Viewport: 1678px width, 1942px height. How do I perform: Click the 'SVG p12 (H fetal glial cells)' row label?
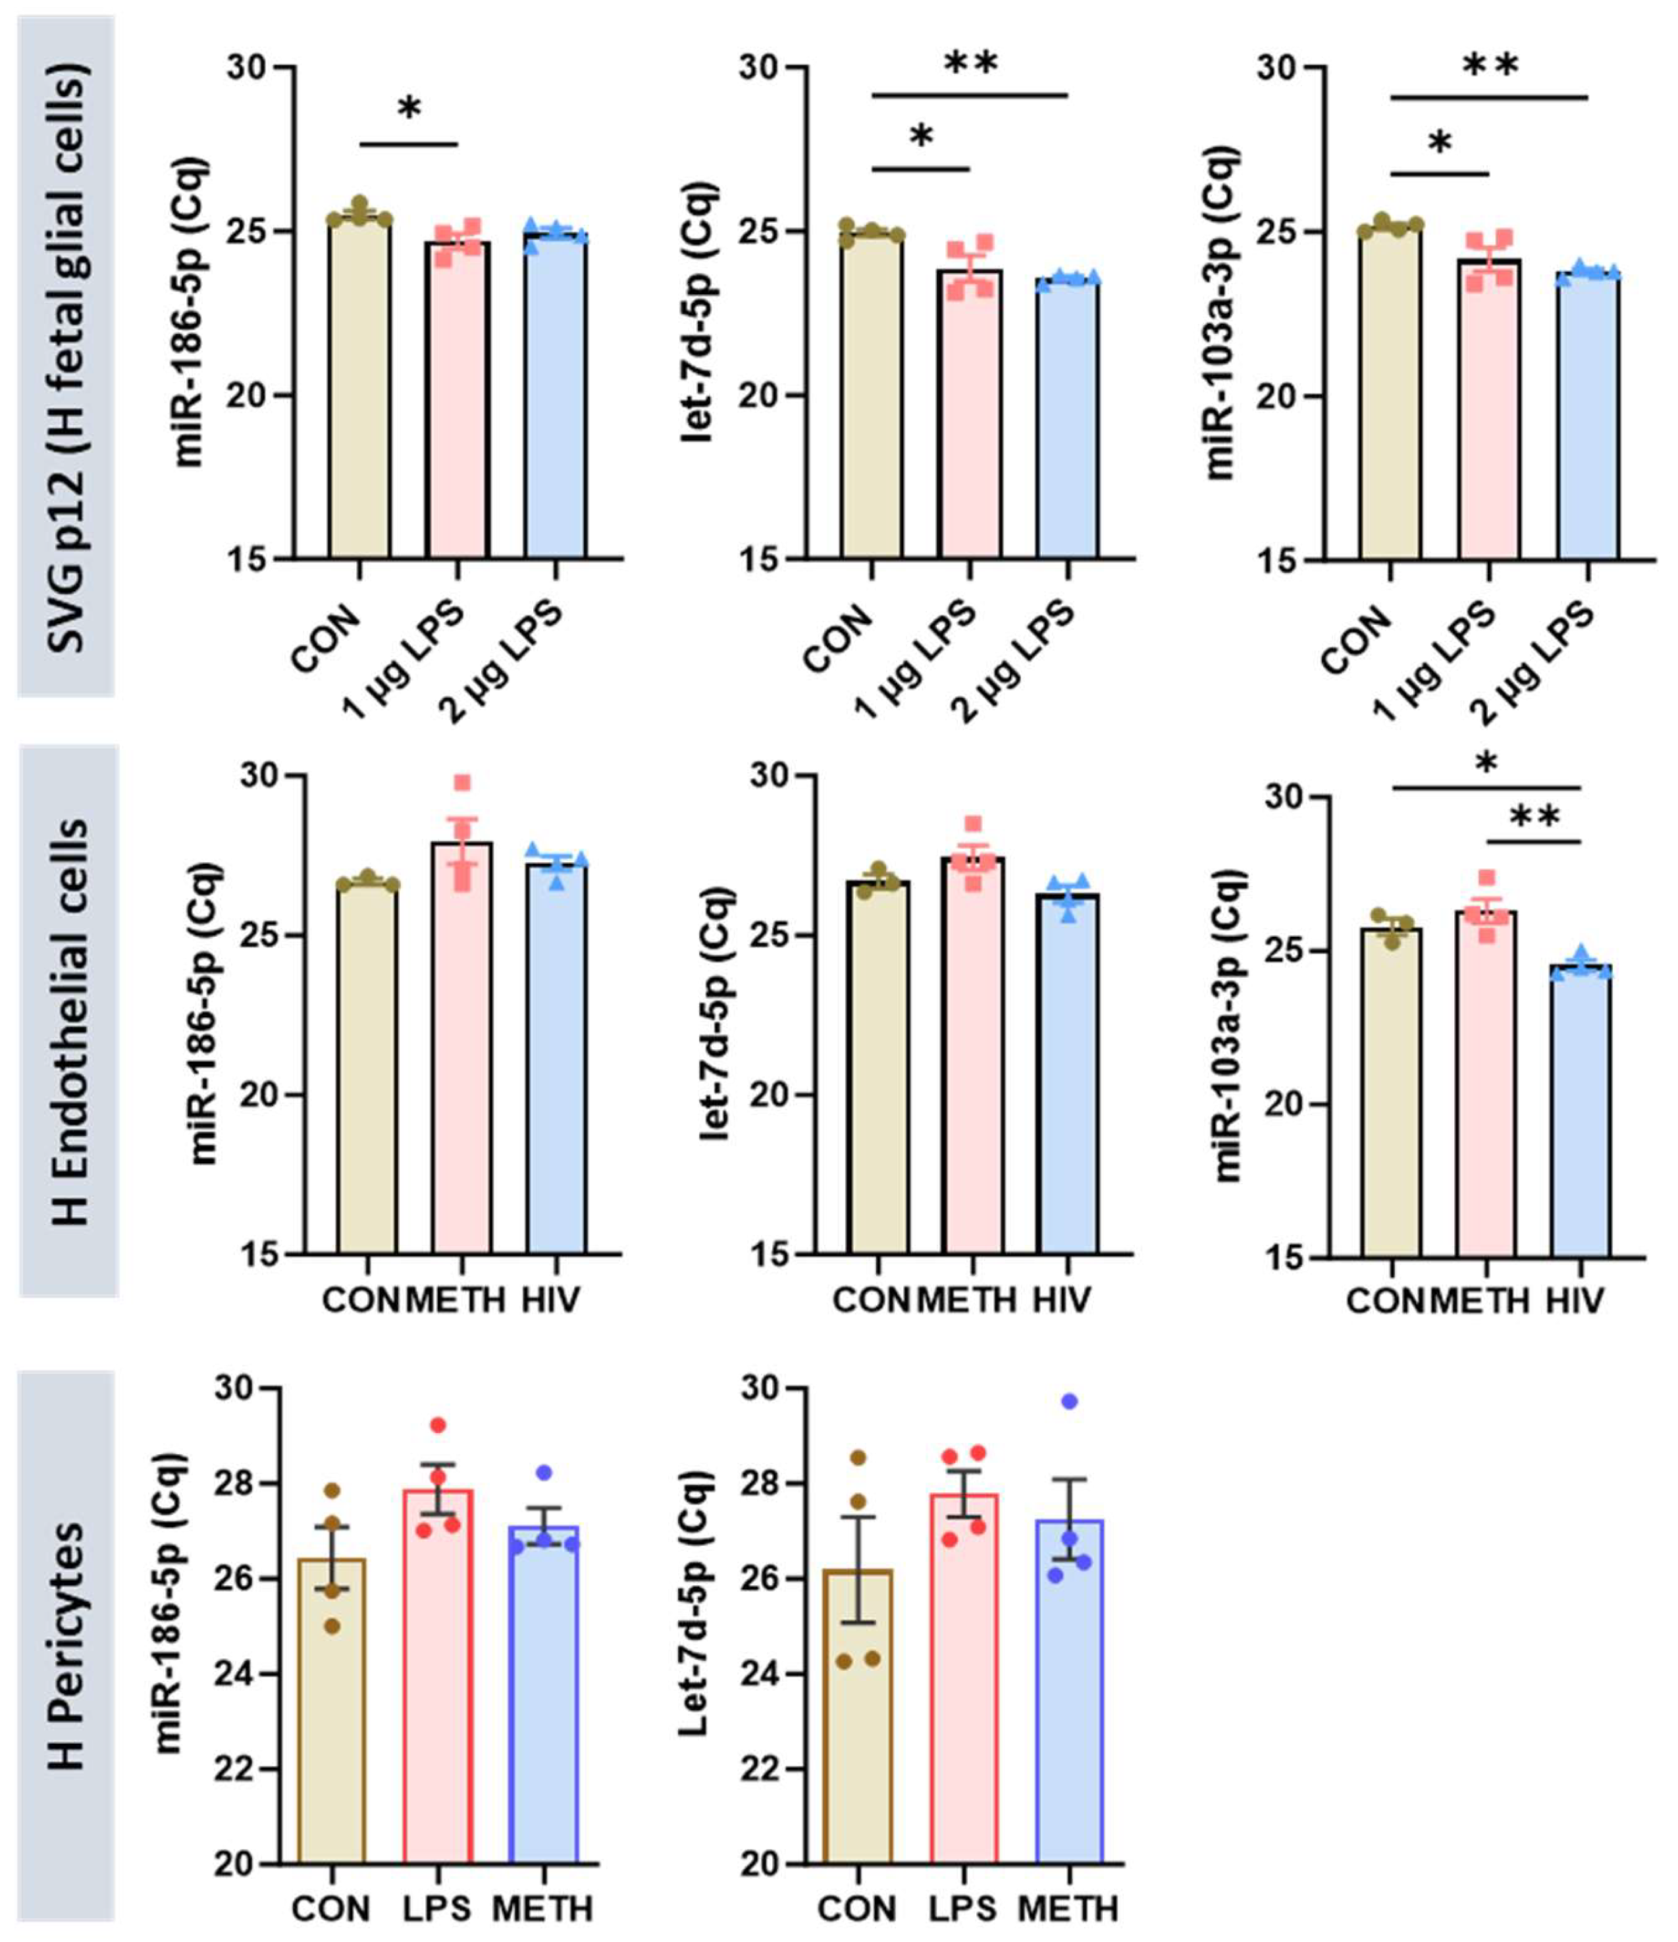point(66,356)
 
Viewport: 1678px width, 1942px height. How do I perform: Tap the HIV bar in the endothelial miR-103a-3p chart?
point(1581,1111)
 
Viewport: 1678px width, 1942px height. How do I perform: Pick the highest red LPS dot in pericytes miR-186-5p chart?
point(438,1426)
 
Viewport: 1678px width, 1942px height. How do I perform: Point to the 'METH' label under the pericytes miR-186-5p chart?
point(543,1908)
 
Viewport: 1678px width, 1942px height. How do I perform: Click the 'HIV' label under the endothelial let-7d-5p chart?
point(1062,1300)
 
